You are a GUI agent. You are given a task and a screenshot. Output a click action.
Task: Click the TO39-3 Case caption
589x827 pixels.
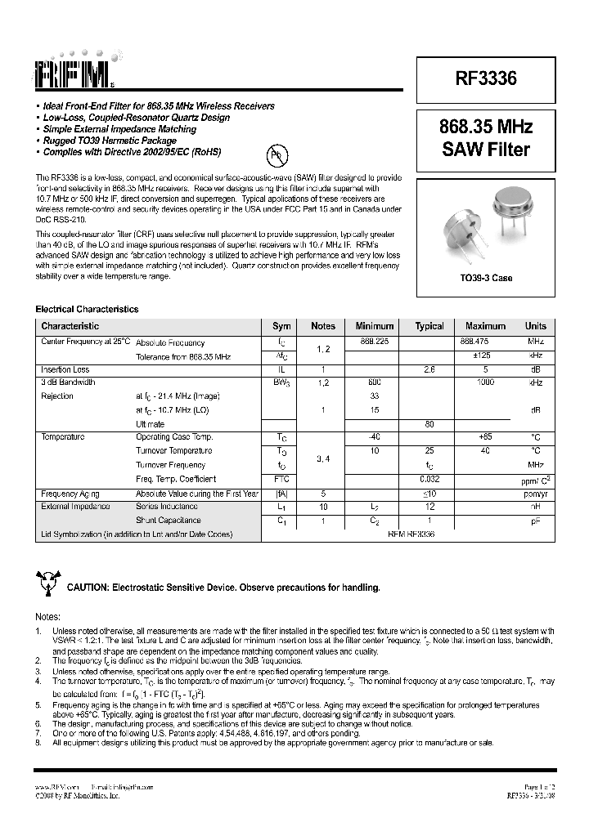[x=485, y=278]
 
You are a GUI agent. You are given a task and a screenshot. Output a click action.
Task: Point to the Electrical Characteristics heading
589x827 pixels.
[x=87, y=310]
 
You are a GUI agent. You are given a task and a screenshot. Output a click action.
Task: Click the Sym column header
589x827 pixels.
[x=281, y=326]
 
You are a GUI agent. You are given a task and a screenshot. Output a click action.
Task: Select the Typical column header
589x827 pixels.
[x=429, y=326]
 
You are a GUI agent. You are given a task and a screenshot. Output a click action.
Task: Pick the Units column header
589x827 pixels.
[x=536, y=326]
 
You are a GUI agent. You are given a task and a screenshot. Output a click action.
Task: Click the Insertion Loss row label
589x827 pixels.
[x=65, y=369]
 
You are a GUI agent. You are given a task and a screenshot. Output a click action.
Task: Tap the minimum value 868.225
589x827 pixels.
[x=373, y=342]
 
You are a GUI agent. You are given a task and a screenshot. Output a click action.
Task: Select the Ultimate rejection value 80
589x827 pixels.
[x=429, y=424]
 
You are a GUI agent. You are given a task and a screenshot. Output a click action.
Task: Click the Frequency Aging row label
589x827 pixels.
[x=70, y=494]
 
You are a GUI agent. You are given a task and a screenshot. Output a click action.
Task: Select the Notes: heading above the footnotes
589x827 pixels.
[x=47, y=617]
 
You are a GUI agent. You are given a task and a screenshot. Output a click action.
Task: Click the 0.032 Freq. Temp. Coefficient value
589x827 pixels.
[x=429, y=479]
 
